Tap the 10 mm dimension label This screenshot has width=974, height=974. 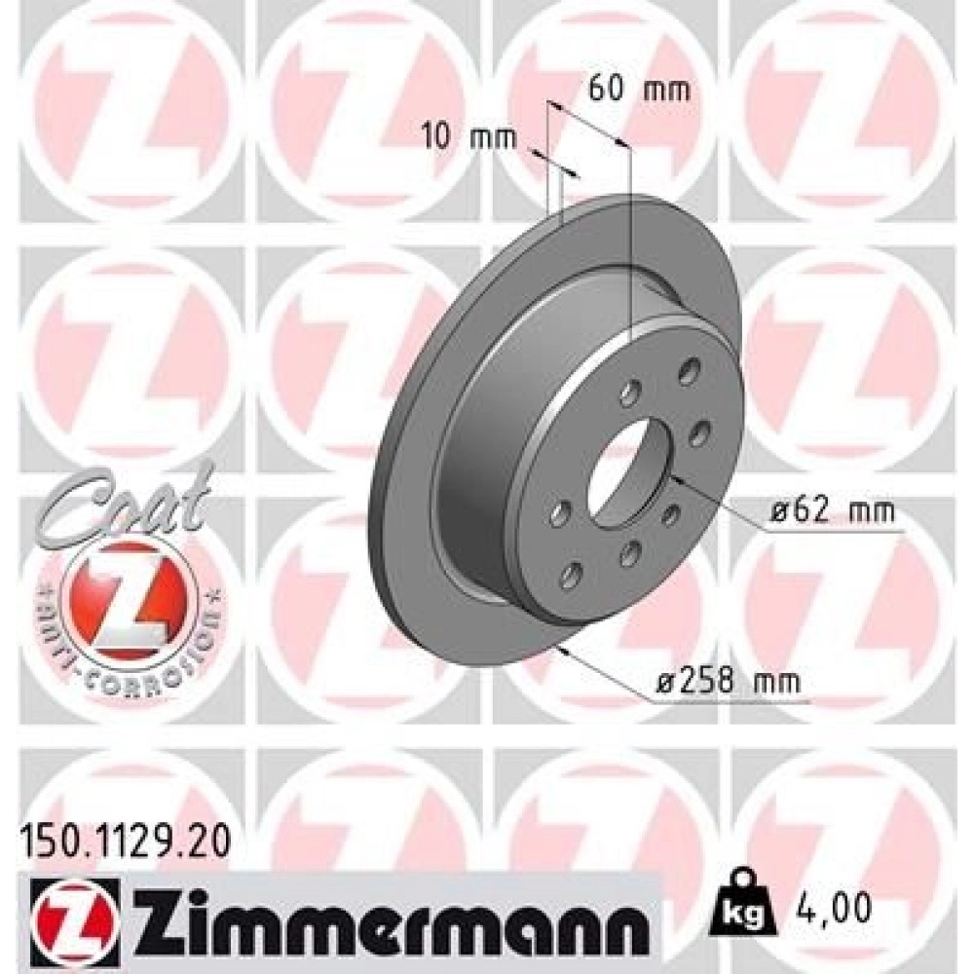click(469, 136)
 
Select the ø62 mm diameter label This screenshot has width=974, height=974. click(833, 511)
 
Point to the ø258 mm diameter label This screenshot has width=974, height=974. click(729, 683)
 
